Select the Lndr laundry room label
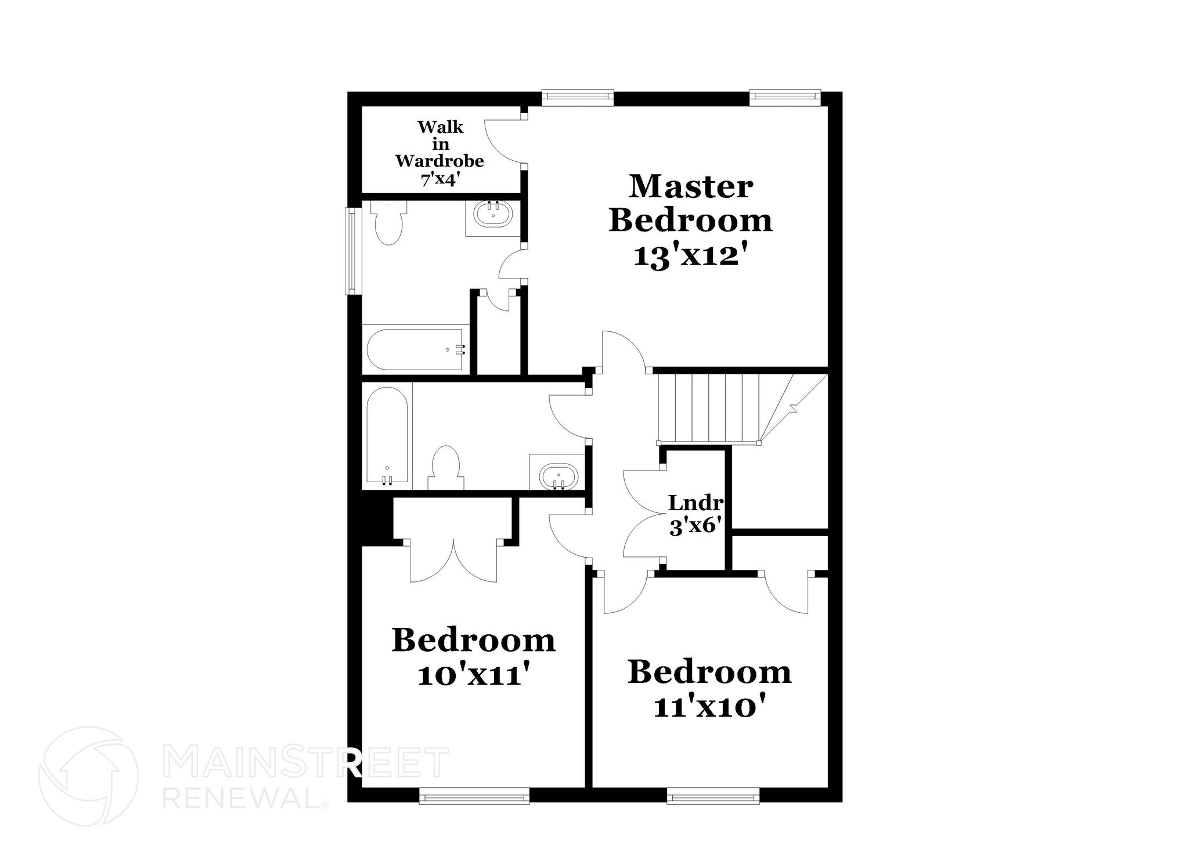tap(695, 503)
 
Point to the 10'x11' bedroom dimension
tap(474, 675)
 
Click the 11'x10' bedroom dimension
tap(709, 707)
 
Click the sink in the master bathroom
tap(493, 215)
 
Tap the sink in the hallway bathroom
tap(559, 477)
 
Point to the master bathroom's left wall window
tap(351, 251)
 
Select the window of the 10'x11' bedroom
tap(474, 795)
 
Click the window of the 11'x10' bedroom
tap(713, 795)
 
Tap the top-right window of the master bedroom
tap(784, 97)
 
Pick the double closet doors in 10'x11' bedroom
tap(453, 560)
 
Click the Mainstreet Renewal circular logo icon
tap(89, 776)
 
